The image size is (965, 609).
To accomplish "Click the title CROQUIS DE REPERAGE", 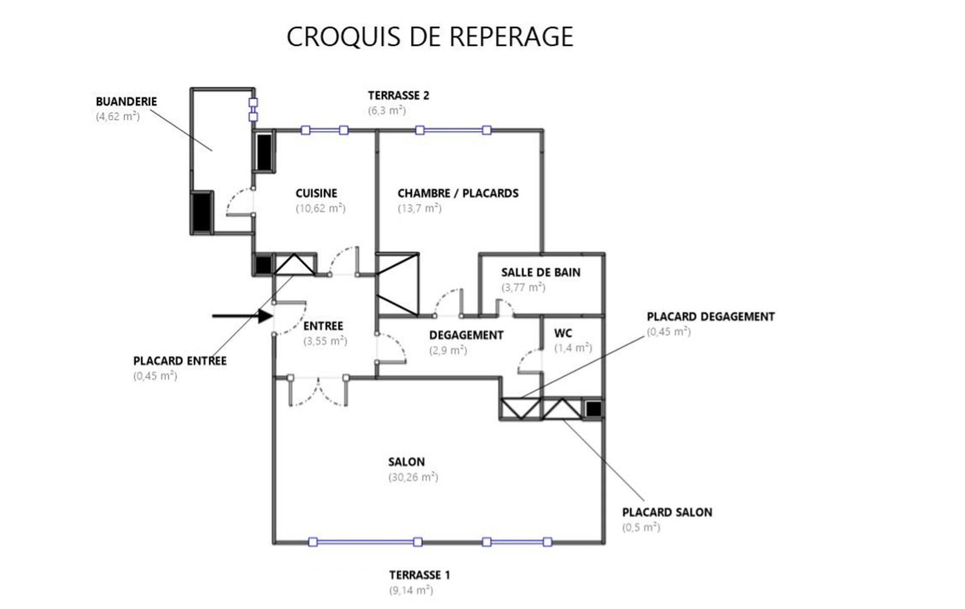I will pos(430,37).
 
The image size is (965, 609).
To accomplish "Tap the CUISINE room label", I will pos(316,193).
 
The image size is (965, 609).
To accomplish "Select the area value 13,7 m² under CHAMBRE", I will pos(420,208).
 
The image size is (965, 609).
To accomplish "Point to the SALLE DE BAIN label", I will pos(540,273).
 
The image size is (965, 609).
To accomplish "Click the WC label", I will pos(563,333).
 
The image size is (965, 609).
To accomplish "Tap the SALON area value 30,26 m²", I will pos(413,477).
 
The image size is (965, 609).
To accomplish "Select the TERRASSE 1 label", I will pos(419,575).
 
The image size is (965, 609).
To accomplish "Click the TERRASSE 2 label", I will pos(399,96).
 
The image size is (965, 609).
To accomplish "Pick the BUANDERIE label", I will pos(126,102).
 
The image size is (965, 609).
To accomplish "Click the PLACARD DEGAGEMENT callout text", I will pos(710,317).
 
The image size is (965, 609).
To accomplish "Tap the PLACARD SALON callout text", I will pos(667,512).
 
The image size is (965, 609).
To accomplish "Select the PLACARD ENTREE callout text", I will pos(179,361).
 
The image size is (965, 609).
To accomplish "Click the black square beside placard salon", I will pos(593,409).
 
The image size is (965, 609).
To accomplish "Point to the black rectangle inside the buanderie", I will pos(202,212).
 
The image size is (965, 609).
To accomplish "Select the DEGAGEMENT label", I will pos(466,335).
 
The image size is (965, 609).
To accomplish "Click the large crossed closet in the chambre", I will pos(397,285).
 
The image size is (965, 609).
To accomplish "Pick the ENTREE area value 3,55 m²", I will pos(325,341).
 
